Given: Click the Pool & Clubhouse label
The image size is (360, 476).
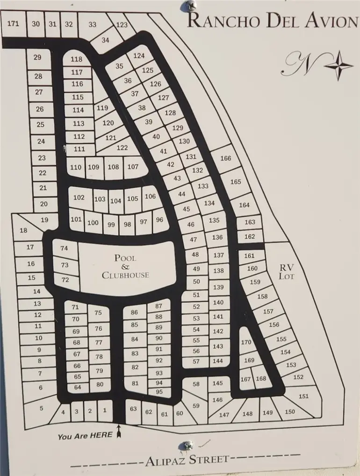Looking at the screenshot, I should click(125, 266).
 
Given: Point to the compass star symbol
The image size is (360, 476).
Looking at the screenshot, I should click(338, 65).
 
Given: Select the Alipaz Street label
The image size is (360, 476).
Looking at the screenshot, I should click(187, 460).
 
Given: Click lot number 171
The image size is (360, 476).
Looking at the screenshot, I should click(14, 23).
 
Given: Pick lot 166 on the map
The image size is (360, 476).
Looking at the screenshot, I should click(225, 158).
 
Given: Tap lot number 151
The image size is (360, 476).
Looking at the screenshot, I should click(303, 396).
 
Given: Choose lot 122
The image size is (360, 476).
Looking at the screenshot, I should click(122, 148).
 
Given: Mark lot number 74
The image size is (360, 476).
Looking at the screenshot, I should click(65, 249).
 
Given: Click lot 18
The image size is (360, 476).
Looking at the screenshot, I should click(23, 230).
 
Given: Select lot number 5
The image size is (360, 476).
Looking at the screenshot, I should click(41, 408).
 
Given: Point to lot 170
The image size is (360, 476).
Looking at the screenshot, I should click(246, 342).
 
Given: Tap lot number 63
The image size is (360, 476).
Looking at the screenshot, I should click(134, 409).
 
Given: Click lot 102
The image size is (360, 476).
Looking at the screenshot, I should click(79, 198).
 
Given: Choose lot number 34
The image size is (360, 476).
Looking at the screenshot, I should click(105, 41).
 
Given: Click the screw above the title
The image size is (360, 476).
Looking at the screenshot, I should click(190, 6).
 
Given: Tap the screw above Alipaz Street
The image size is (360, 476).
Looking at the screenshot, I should click(188, 445).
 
